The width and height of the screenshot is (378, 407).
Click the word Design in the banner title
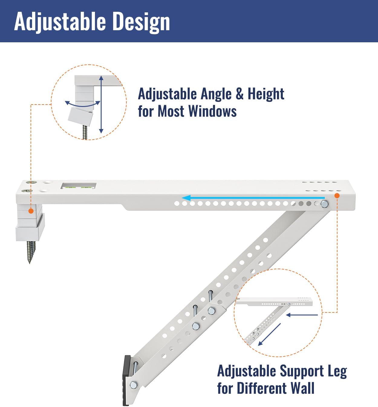tap(141, 22)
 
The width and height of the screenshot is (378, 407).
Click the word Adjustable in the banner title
tap(60, 22)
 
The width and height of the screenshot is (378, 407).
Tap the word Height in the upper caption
tap(266, 94)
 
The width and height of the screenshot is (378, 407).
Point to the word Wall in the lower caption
tap(302, 388)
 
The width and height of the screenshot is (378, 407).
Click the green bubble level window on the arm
tap(78, 186)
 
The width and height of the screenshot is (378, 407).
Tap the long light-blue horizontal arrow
tap(253, 198)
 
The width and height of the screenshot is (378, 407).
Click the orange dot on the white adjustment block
tap(31, 211)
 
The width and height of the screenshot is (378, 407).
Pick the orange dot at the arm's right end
tap(337, 196)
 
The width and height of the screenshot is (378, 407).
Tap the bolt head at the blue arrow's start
tap(324, 204)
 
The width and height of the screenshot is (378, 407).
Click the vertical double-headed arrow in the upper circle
tap(101, 104)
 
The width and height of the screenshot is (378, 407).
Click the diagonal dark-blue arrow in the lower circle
tap(269, 335)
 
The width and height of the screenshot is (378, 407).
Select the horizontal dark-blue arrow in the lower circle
tap(302, 315)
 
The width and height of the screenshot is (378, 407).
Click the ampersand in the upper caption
tap(240, 94)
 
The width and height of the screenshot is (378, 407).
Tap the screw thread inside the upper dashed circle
tap(85, 132)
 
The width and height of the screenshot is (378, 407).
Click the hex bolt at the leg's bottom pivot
tap(134, 385)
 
